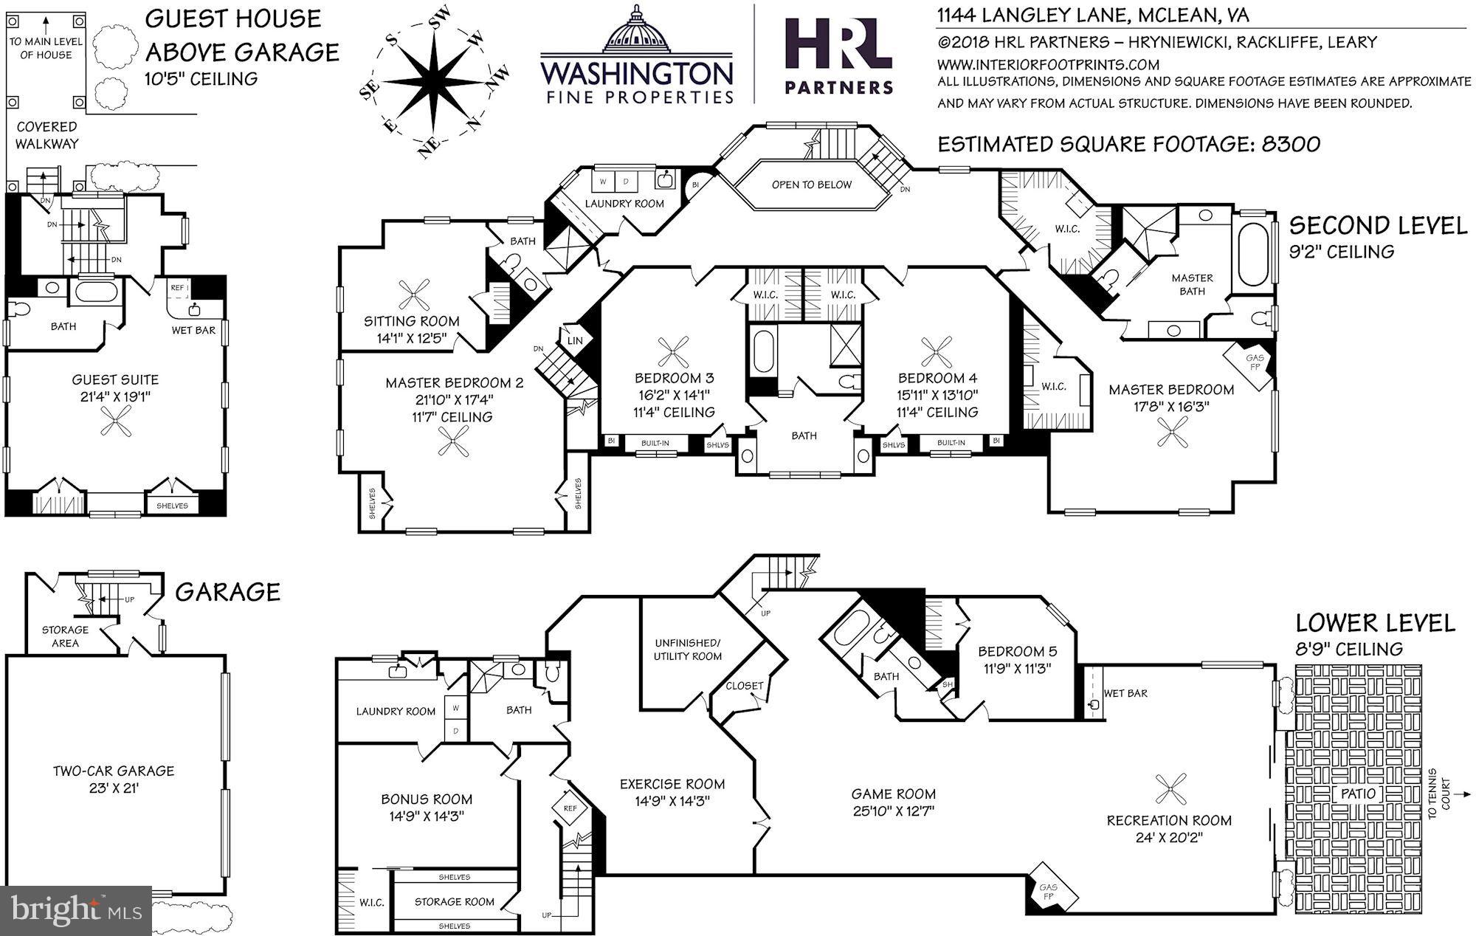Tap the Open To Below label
[x=811, y=185]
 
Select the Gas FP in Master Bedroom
[x=1254, y=363]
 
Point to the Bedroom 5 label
[x=1017, y=651]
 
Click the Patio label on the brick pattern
[x=1359, y=794]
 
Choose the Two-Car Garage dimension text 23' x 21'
[x=113, y=788]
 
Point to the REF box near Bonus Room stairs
[x=570, y=808]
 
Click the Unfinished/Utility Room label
[x=687, y=650]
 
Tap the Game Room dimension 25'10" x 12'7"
[x=893, y=811]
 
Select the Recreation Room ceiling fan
[x=1171, y=789]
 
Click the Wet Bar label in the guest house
[x=193, y=330]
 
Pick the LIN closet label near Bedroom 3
[x=575, y=340]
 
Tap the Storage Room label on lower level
[x=454, y=901]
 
